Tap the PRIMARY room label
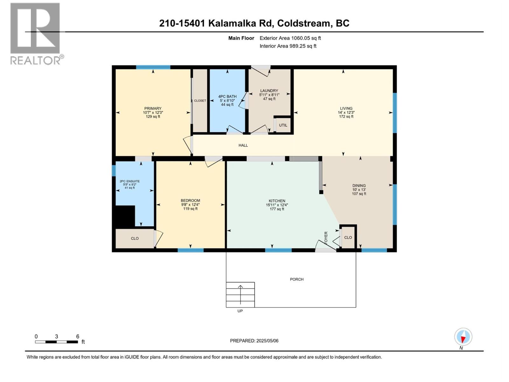(x=153, y=109)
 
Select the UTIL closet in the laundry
(x=283, y=125)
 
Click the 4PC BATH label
(x=227, y=96)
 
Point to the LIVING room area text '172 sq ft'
(x=346, y=117)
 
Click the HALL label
(x=243, y=145)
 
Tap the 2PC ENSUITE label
(x=129, y=181)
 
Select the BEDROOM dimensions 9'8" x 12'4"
(x=190, y=205)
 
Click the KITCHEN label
(x=277, y=201)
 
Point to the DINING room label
(x=359, y=186)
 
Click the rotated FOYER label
(x=326, y=238)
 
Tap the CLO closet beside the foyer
(x=348, y=237)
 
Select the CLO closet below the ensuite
(x=135, y=238)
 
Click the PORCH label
(x=296, y=279)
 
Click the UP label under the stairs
(x=240, y=311)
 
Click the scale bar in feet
(x=57, y=342)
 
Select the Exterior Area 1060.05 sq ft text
(x=290, y=38)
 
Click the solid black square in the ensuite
(x=124, y=216)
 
